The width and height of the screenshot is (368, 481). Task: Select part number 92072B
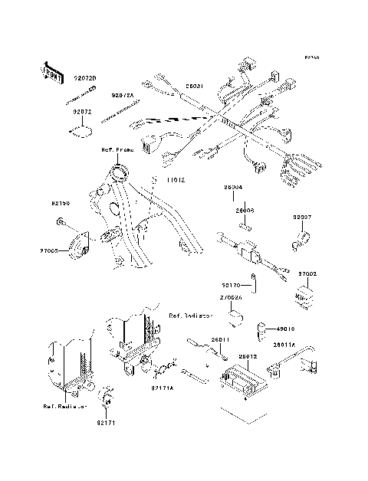pyautogui.click(x=85, y=77)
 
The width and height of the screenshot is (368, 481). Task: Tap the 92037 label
pyautogui.click(x=302, y=218)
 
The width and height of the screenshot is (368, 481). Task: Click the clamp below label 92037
pyautogui.click(x=299, y=245)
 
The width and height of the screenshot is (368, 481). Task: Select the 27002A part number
pyautogui.click(x=232, y=297)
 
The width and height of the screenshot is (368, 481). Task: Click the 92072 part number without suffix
pyautogui.click(x=83, y=112)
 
